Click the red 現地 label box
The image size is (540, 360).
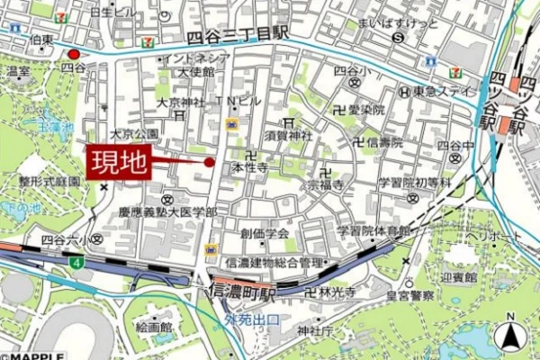[119, 163]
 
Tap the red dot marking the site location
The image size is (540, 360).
[210, 162]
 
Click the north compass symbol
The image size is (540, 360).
[509, 338]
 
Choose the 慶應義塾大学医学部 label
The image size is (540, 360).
[167, 212]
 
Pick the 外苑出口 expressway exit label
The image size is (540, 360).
[253, 319]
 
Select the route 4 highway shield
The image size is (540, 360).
[78, 263]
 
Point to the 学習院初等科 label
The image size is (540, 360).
[414, 183]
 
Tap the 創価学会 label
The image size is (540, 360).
[265, 233]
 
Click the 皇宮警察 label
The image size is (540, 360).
[409, 295]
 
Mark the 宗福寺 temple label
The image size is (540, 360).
[325, 184]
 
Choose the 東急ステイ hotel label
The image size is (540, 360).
[438, 92]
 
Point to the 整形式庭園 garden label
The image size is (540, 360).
[50, 181]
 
